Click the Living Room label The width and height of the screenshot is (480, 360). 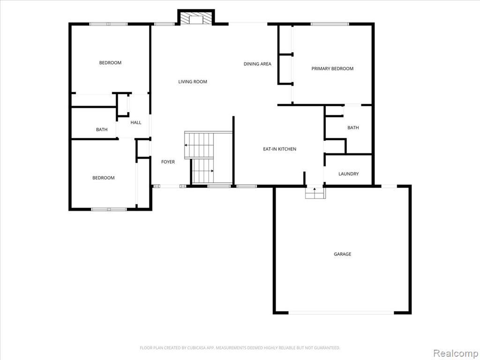[x=193, y=82]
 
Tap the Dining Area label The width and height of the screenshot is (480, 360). [x=257, y=64]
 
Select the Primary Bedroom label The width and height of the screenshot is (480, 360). [x=332, y=68]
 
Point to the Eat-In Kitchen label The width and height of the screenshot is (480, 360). [x=279, y=149]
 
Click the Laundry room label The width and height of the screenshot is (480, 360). [x=348, y=174]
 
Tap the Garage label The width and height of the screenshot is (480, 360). [x=342, y=254]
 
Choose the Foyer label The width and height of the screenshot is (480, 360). [x=168, y=162]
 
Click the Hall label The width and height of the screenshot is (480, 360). [x=136, y=122]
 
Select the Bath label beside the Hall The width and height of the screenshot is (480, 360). [x=102, y=129]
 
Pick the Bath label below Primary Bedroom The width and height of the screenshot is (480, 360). [x=353, y=127]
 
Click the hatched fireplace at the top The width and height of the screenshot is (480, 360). [x=196, y=18]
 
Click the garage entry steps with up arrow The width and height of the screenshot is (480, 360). [x=315, y=193]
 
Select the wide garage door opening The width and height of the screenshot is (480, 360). [x=341, y=313]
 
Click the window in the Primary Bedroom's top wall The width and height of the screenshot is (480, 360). [x=330, y=24]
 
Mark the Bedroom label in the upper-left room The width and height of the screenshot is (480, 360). [x=110, y=63]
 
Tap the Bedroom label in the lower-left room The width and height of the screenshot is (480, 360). [x=104, y=178]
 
